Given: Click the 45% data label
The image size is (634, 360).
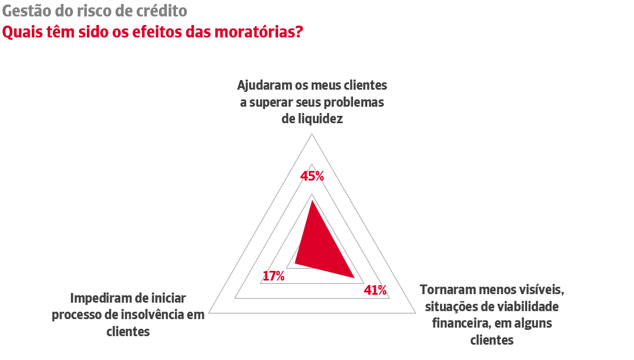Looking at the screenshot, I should [312, 177].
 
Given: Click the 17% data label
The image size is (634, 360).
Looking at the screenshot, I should [274, 277].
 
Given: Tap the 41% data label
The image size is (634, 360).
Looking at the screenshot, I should [375, 290].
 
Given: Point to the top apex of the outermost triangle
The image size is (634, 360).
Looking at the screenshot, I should [312, 135].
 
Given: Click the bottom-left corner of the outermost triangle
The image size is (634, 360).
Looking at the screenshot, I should [209, 312].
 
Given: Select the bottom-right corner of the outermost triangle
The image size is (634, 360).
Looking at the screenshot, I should [414, 312].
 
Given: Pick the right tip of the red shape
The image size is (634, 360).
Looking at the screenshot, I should [354, 278].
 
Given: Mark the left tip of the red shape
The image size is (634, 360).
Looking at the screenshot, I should [294, 265].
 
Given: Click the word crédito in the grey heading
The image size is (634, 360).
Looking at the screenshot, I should [164, 11].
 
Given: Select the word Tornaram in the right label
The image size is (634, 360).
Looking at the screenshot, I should [446, 289].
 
